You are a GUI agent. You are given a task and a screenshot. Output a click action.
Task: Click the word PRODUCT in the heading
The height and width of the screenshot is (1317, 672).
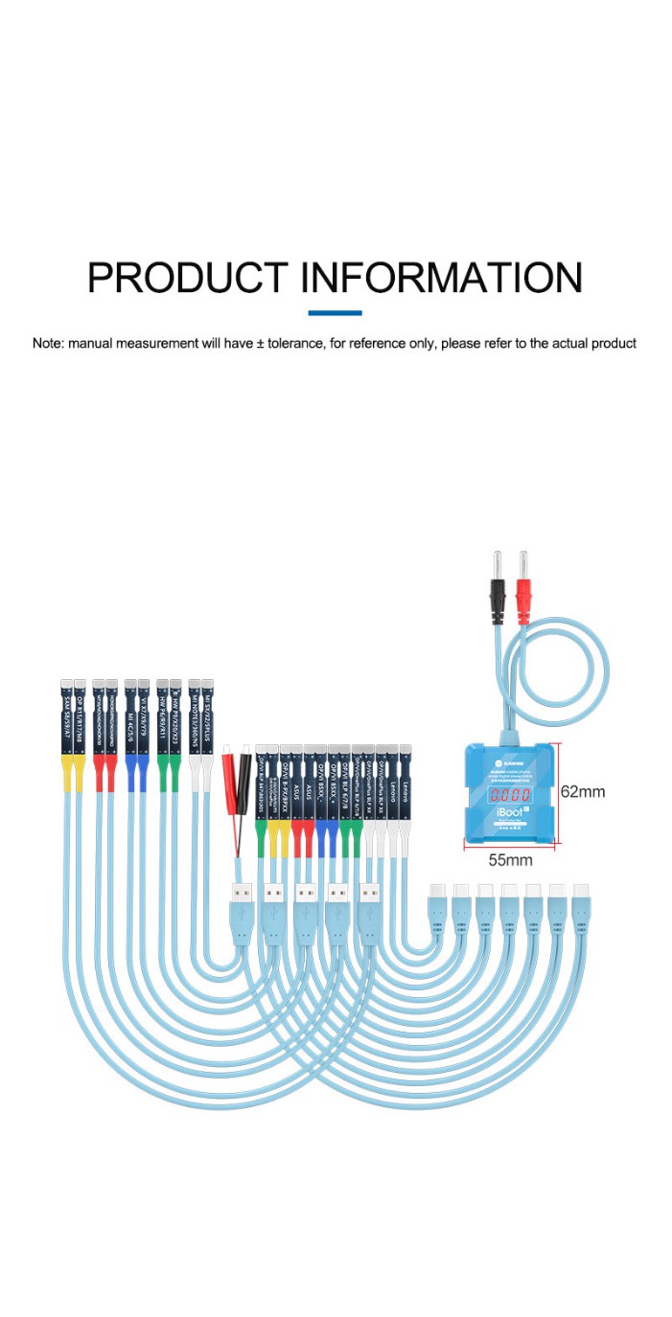point(187,278)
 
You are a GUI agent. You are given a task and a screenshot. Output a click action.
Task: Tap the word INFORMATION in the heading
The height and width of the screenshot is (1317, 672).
point(442,278)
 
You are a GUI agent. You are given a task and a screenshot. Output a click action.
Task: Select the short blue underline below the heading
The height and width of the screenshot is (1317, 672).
point(335,312)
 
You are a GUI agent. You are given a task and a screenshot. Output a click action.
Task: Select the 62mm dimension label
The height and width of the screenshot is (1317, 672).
point(583,792)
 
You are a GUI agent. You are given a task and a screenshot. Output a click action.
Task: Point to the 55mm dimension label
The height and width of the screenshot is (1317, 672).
point(510,859)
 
